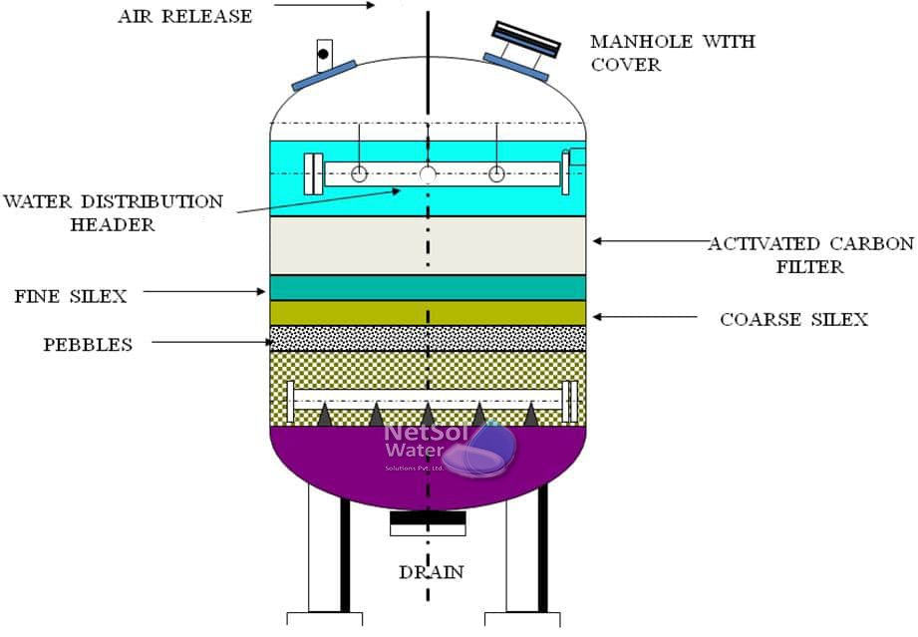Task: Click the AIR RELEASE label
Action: (x=185, y=16)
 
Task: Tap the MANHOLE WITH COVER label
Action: (x=673, y=53)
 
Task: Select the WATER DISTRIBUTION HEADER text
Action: (x=113, y=212)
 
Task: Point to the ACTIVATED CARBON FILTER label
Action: (x=811, y=255)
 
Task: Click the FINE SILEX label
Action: (x=71, y=296)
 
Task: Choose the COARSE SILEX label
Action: (x=793, y=320)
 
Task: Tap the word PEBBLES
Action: (x=88, y=344)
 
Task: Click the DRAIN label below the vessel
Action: (x=432, y=572)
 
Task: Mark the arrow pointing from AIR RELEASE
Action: (x=324, y=5)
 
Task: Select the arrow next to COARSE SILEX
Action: (x=645, y=317)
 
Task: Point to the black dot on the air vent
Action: (x=323, y=54)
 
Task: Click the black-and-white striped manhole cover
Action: (x=526, y=39)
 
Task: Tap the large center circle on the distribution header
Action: (x=428, y=173)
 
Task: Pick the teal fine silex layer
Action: (x=428, y=287)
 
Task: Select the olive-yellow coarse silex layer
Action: (x=428, y=313)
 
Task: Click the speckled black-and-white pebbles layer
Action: (x=428, y=338)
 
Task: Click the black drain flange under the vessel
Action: (x=428, y=518)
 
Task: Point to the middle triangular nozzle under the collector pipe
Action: (x=428, y=415)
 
